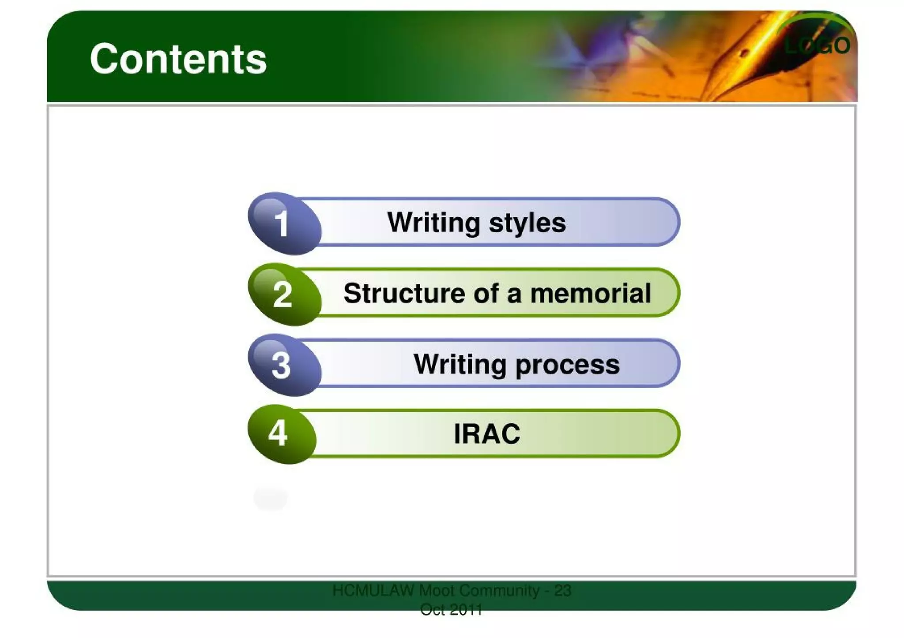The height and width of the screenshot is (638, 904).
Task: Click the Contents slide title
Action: click(178, 59)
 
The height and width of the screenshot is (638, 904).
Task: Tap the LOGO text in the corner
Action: click(817, 45)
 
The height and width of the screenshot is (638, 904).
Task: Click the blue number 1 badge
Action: click(282, 224)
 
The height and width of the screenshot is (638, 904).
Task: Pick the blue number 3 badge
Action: click(282, 365)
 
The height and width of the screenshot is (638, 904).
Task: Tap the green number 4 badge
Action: click(279, 433)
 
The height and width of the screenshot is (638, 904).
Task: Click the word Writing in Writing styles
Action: click(433, 223)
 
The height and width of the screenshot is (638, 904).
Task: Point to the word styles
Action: click(527, 223)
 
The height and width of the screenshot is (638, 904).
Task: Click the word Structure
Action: click(404, 293)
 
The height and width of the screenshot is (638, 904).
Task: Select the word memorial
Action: click(591, 293)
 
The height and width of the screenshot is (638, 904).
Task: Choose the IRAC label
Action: click(487, 434)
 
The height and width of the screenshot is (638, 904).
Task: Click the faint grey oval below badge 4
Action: click(270, 498)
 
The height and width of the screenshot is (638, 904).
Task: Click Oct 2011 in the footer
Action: click(451, 610)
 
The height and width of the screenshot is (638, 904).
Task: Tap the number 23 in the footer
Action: click(562, 590)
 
